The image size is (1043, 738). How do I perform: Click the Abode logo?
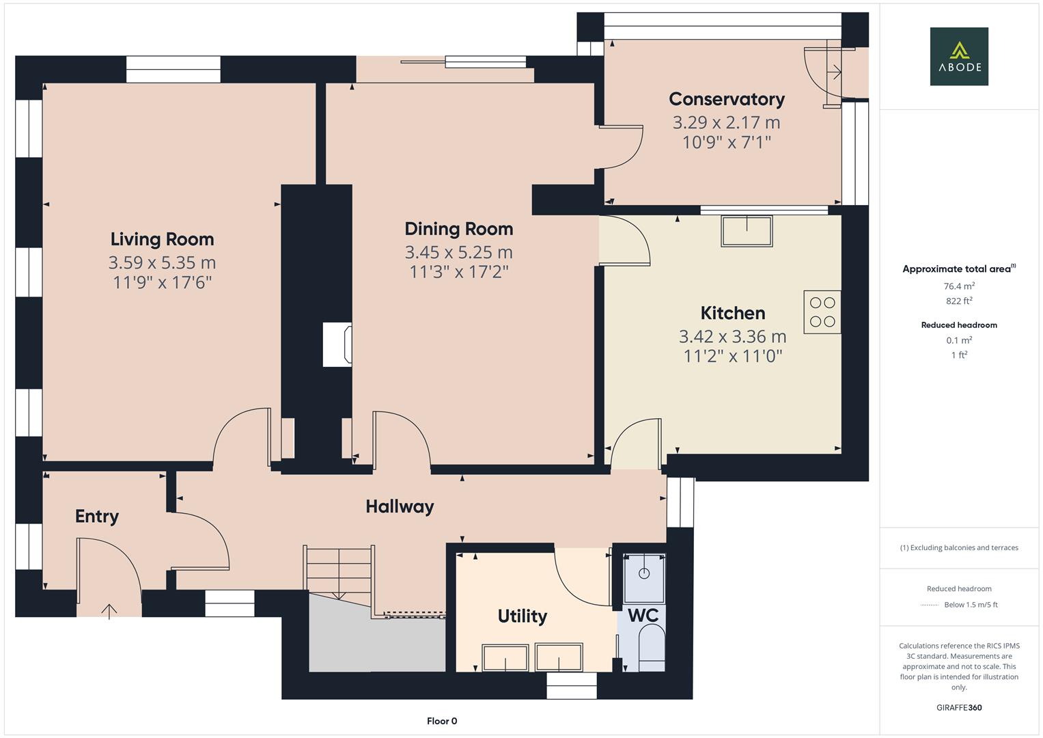[x=958, y=56]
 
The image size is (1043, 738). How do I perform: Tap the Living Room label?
[x=162, y=239]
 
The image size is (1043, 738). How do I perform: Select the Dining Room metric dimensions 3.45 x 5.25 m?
[x=458, y=252]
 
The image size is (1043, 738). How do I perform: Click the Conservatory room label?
[x=726, y=99]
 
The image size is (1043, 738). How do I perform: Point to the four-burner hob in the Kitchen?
[x=822, y=312]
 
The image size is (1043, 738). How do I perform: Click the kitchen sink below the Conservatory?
[x=747, y=231]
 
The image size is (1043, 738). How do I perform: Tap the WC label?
[x=643, y=615]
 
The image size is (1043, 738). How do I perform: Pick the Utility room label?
[x=522, y=616]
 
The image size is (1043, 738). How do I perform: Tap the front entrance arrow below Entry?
[x=109, y=610]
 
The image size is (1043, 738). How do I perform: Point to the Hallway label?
[x=400, y=506]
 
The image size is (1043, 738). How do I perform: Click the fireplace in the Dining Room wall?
[x=337, y=344]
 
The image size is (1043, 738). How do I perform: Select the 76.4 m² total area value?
[x=959, y=286]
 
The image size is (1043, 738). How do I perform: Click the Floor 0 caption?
[x=441, y=721]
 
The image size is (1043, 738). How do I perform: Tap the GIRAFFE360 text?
[x=959, y=707]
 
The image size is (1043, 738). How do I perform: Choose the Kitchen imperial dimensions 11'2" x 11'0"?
[x=732, y=356]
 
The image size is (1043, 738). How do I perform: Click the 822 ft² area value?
[x=959, y=301]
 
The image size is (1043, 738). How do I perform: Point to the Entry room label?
[x=96, y=517]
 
